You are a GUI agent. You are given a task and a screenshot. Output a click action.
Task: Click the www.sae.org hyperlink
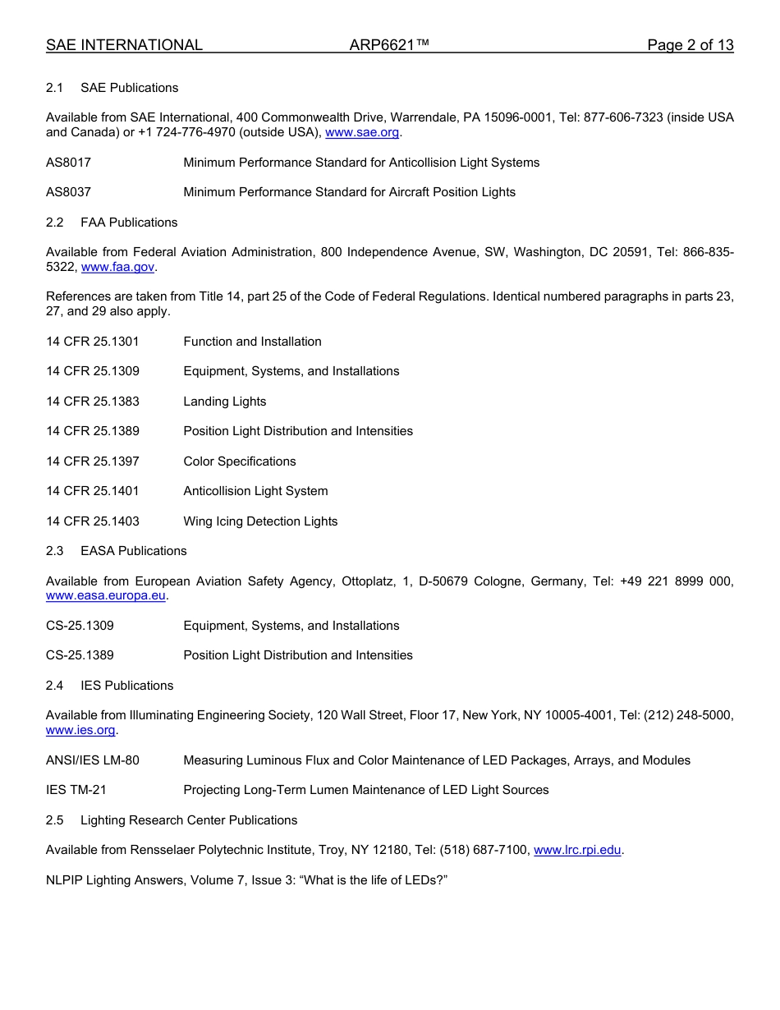pos(362,132)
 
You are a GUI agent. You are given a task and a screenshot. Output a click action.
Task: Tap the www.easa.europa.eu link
pos(106,596)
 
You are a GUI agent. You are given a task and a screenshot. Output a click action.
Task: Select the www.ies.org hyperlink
pos(81,731)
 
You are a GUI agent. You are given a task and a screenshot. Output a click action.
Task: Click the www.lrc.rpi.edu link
pos(577,851)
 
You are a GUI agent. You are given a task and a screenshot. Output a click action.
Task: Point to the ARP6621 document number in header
pos(389,46)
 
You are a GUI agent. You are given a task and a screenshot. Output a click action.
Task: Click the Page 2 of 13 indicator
pos(690,46)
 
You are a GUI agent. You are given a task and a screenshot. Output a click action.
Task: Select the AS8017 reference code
pos(69,163)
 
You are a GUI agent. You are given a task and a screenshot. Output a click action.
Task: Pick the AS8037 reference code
pos(69,192)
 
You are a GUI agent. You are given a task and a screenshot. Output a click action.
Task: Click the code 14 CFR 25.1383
pos(93,402)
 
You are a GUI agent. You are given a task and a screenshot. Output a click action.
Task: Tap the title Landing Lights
pos(225,402)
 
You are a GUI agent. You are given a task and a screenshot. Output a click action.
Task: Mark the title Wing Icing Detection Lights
pos(260,521)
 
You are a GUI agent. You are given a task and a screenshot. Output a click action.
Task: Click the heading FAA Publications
pos(129,223)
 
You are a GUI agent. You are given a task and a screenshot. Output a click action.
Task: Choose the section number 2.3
pos(55,551)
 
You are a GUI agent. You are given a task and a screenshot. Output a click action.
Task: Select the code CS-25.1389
pos(80,655)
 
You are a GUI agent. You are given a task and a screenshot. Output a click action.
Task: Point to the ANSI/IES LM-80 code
pos(93,760)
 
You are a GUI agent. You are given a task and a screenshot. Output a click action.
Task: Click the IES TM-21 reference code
pos(76,790)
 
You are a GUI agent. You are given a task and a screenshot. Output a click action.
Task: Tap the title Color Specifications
pos(240,461)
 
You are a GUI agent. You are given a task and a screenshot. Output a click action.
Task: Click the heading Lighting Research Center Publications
pos(189,820)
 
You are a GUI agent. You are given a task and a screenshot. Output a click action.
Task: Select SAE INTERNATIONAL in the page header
pos(124,46)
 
